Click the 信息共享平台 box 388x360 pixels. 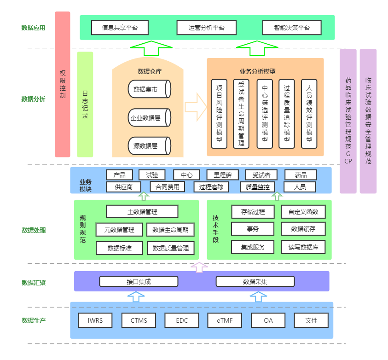click(120, 28)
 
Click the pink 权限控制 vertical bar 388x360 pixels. click(63, 84)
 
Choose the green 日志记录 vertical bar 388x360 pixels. click(85, 104)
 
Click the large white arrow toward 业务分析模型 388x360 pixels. click(196, 107)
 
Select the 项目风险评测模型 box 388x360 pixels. click(220, 113)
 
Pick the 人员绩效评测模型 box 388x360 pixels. click(309, 113)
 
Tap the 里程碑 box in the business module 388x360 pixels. click(223, 175)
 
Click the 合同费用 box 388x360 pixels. click(168, 187)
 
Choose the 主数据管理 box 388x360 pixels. click(142, 212)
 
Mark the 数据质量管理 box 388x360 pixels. click(170, 248)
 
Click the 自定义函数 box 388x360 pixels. click(303, 212)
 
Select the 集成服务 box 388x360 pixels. click(253, 247)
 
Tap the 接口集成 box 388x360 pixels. click(139, 281)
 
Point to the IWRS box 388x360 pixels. click(95, 320)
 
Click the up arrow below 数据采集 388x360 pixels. click(258, 296)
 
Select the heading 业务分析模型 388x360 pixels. click(258, 71)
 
